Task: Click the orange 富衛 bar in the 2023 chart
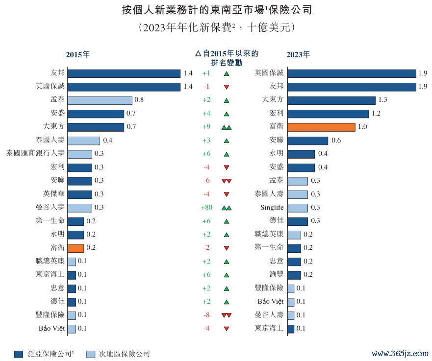point(321,127)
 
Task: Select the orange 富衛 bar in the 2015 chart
point(76,248)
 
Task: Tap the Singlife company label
point(272,208)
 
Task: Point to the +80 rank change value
point(206,208)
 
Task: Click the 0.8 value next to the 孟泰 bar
point(139,100)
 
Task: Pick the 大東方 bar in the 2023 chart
point(331,100)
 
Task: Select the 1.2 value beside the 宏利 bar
point(376,114)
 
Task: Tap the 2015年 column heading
point(78,55)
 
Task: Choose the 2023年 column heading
point(298,55)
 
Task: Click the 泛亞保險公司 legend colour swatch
point(19,354)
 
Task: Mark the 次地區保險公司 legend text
point(125,354)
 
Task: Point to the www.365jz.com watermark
point(400,353)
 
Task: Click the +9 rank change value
point(206,127)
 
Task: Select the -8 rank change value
point(206,315)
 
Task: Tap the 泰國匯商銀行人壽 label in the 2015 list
point(35,154)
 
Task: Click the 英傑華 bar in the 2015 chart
point(79,194)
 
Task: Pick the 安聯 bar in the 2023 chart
point(307,141)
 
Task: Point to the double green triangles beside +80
point(226,208)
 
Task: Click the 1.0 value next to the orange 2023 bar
point(362,127)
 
